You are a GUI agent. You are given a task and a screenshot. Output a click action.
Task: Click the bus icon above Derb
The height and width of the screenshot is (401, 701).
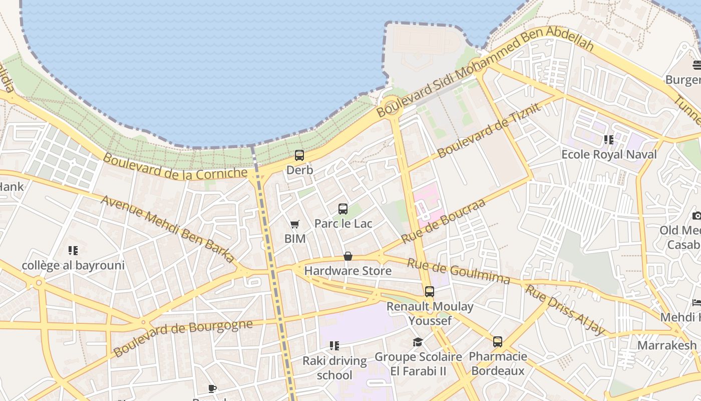click(299, 155)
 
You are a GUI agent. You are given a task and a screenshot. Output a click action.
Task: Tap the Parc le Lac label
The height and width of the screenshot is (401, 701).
click(343, 224)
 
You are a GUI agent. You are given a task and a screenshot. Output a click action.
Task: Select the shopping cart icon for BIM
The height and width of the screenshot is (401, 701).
click(295, 224)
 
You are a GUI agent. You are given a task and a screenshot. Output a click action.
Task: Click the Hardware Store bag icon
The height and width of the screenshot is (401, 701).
click(348, 257)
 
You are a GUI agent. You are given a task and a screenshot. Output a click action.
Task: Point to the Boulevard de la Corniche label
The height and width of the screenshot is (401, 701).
click(175, 166)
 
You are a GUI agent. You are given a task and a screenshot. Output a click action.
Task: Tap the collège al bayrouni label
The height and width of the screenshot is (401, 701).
click(73, 265)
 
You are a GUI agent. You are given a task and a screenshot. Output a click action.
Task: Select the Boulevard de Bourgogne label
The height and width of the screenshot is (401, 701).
click(183, 337)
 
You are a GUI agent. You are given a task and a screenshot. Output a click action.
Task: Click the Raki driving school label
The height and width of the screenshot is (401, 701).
click(334, 368)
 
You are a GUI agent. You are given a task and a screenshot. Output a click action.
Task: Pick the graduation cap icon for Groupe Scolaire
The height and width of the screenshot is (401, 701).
click(418, 342)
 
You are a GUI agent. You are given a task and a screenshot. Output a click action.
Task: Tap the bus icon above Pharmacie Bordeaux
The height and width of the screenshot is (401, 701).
click(497, 342)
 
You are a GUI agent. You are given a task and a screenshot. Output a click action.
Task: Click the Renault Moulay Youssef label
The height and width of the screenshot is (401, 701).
click(430, 313)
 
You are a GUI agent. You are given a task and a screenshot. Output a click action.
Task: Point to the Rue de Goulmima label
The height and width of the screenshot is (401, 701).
click(458, 271)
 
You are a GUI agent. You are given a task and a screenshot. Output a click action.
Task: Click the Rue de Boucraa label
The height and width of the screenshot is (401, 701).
click(443, 221)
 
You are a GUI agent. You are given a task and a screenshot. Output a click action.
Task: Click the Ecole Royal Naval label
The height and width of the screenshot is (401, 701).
click(608, 154)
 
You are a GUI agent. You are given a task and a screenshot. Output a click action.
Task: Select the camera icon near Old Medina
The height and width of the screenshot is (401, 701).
click(696, 216)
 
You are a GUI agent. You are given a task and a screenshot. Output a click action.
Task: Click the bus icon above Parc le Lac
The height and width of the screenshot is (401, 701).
click(343, 209)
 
